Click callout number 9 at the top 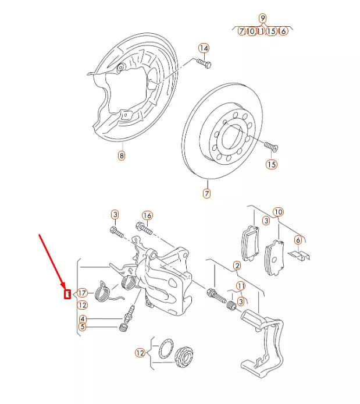click(x=262, y=17)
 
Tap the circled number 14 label click(x=204, y=48)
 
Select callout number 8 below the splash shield click(x=121, y=155)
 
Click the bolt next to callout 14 click(x=204, y=62)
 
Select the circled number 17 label click(x=82, y=293)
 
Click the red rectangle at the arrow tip click(x=67, y=294)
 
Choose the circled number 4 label click(x=83, y=318)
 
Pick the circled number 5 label click(x=83, y=327)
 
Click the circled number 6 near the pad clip click(x=298, y=240)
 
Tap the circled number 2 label click(x=237, y=266)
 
